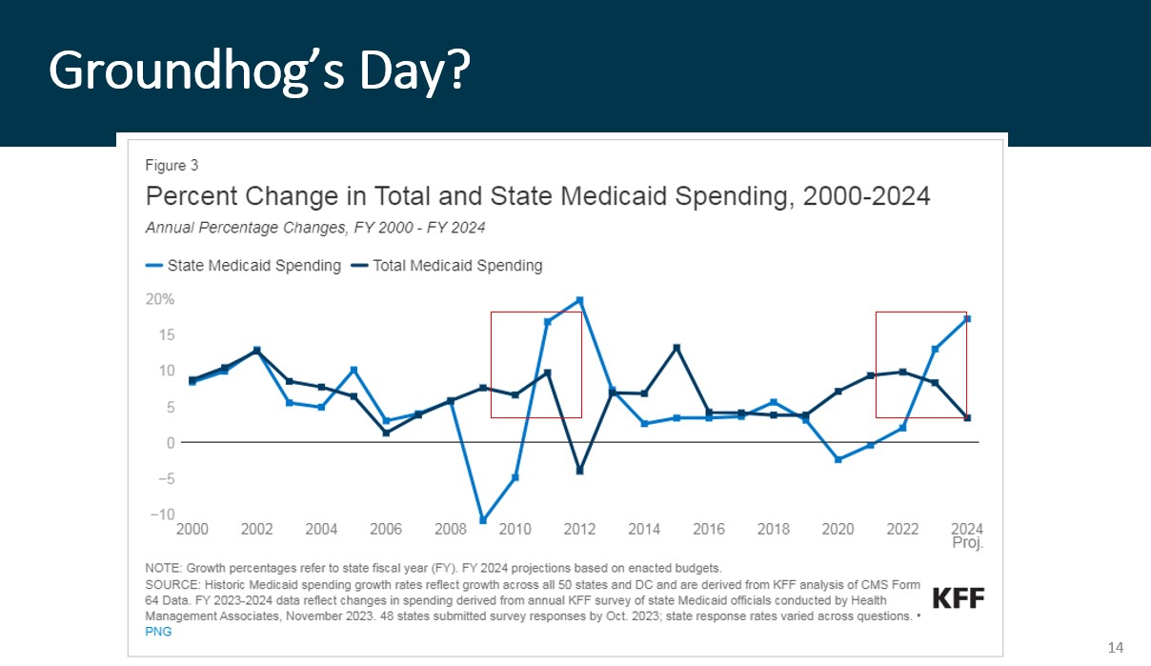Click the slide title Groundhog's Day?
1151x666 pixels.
[x=259, y=70]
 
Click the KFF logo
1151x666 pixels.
[x=958, y=598]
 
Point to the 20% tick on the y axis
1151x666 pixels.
[x=160, y=299]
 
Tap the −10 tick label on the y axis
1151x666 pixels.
[x=160, y=515]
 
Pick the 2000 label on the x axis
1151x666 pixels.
[x=192, y=529]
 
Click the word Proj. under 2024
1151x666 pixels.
[x=967, y=543]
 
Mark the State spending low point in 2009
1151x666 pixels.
[x=482, y=520]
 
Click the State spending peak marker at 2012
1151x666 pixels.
[x=579, y=300]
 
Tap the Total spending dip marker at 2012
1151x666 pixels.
[x=579, y=471]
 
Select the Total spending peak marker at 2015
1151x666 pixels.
[x=676, y=348]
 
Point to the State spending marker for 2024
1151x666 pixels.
[x=967, y=319]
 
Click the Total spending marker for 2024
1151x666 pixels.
[x=967, y=418]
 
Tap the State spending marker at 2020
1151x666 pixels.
[x=838, y=459]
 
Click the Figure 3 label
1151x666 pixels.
[x=172, y=166]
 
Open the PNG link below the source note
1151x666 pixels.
[x=158, y=632]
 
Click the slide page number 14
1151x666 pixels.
[x=1116, y=648]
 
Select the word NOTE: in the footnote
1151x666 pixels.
[x=162, y=568]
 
